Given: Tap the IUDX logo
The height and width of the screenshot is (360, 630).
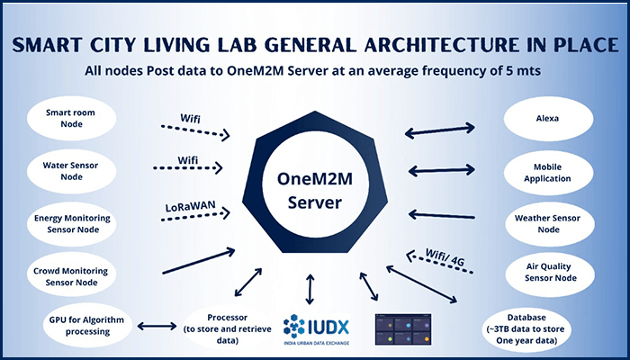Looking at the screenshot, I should coord(319,328).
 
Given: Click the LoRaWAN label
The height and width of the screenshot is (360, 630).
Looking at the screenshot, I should coord(193,205).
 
